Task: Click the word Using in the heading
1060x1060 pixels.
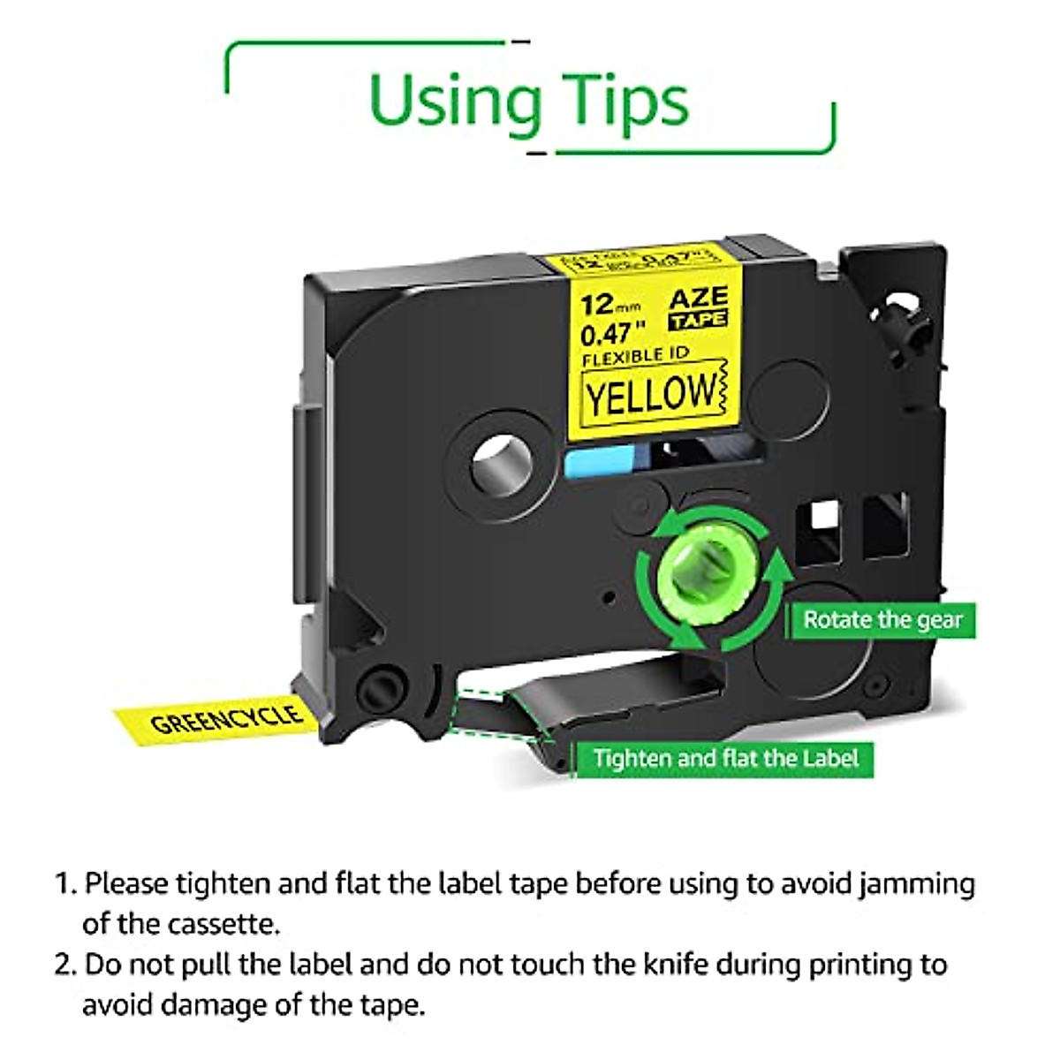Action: (x=450, y=102)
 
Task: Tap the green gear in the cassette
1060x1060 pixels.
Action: (x=689, y=576)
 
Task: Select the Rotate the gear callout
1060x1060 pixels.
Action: (x=882, y=619)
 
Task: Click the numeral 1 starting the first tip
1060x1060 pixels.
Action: (x=64, y=884)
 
